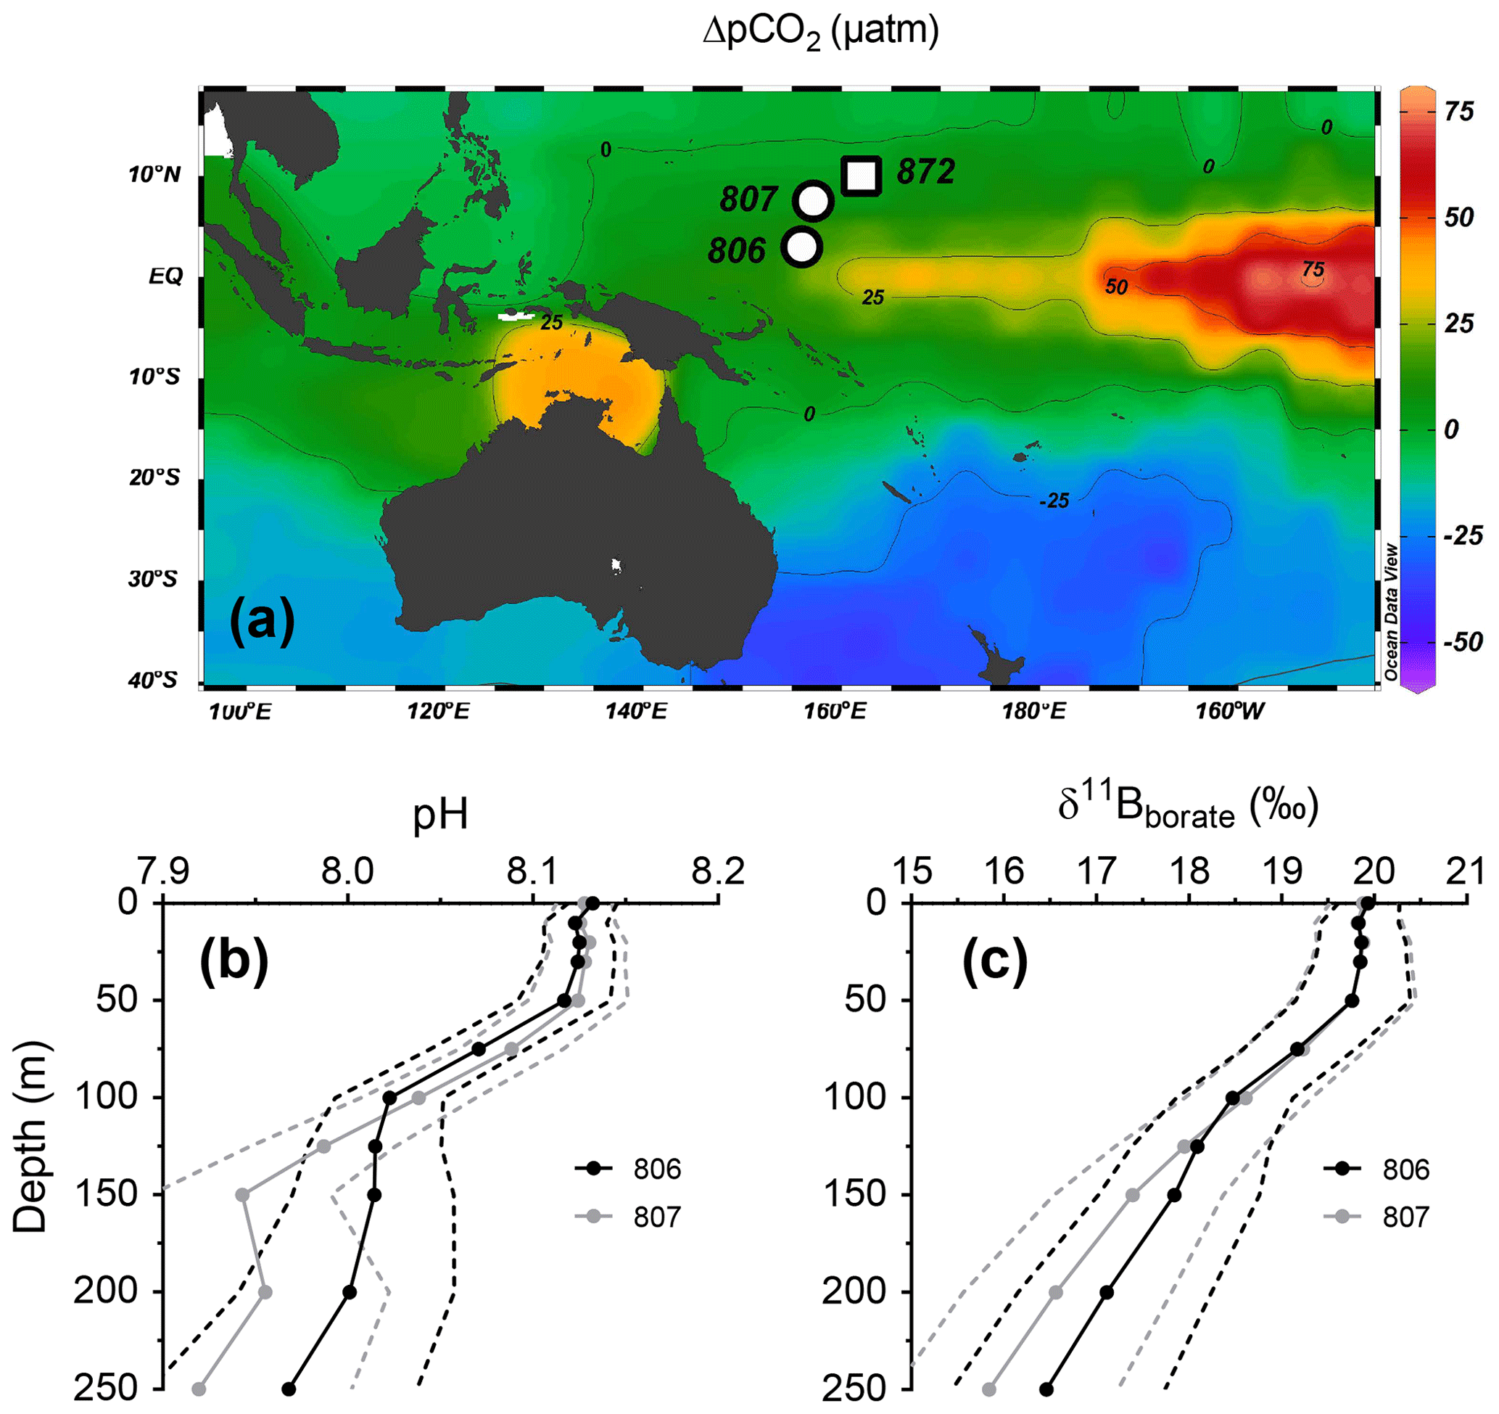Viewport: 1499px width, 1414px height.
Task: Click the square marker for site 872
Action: coord(861,176)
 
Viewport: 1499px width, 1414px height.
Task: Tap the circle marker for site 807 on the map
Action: coord(813,200)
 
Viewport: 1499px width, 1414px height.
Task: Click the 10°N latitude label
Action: coord(154,175)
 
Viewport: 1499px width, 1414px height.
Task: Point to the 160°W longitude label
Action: coord(1230,710)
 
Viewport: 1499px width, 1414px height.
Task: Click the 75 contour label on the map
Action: coord(1313,269)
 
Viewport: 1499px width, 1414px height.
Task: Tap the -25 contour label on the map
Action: coord(1054,501)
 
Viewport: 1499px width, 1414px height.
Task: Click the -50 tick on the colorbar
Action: coord(1463,643)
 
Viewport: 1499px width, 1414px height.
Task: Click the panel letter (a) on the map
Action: coord(262,620)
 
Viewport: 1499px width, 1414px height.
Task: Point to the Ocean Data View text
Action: coord(1391,612)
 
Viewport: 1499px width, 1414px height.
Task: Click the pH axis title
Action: coord(440,815)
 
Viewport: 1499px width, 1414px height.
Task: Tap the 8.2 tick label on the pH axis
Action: coord(718,872)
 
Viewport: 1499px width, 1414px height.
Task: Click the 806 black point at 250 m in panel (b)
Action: coord(288,1389)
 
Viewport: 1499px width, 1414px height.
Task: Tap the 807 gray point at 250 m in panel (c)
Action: coord(988,1389)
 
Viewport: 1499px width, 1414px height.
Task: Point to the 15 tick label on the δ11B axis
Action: coord(912,872)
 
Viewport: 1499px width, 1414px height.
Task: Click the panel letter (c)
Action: coord(994,963)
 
